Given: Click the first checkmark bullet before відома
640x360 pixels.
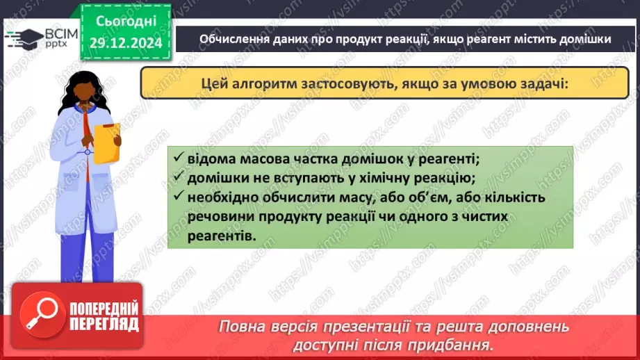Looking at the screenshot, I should coord(179,158).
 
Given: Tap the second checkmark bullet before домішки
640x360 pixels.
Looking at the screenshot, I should coord(179,178).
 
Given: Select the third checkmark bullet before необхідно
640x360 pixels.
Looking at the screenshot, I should coord(179,198).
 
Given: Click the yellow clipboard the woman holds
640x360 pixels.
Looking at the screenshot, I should coord(107,143).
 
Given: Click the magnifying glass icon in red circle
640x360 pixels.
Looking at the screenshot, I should coord(44,317).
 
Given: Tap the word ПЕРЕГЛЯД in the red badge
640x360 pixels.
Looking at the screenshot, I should coord(106,324).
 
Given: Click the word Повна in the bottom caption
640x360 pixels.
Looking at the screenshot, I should coord(244,327).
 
